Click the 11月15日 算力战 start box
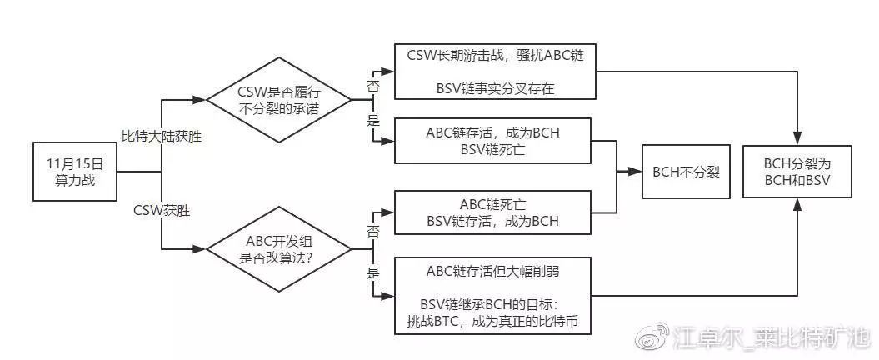coord(76,172)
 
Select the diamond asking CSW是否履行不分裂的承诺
coord(278,100)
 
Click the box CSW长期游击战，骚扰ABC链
coord(497,71)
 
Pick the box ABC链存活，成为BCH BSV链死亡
coord(497,141)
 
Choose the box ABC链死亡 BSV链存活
coord(497,212)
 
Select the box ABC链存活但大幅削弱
coord(497,296)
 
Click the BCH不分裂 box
coord(686,172)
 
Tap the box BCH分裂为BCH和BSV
coord(798,172)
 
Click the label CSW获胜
coord(162,211)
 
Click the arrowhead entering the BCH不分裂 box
coord(637,172)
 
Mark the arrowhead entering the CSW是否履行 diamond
coord(201,100)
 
